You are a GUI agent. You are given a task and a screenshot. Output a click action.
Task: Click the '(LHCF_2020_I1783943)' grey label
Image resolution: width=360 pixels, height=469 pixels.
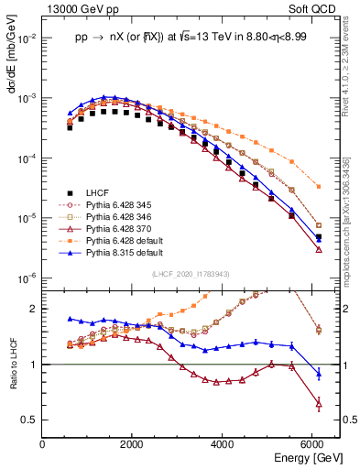click(191, 275)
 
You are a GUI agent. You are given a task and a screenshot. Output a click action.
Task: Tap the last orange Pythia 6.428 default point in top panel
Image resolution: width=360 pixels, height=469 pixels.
click(318, 186)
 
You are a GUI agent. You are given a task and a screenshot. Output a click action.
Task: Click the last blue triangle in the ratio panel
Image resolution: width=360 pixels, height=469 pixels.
click(318, 374)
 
